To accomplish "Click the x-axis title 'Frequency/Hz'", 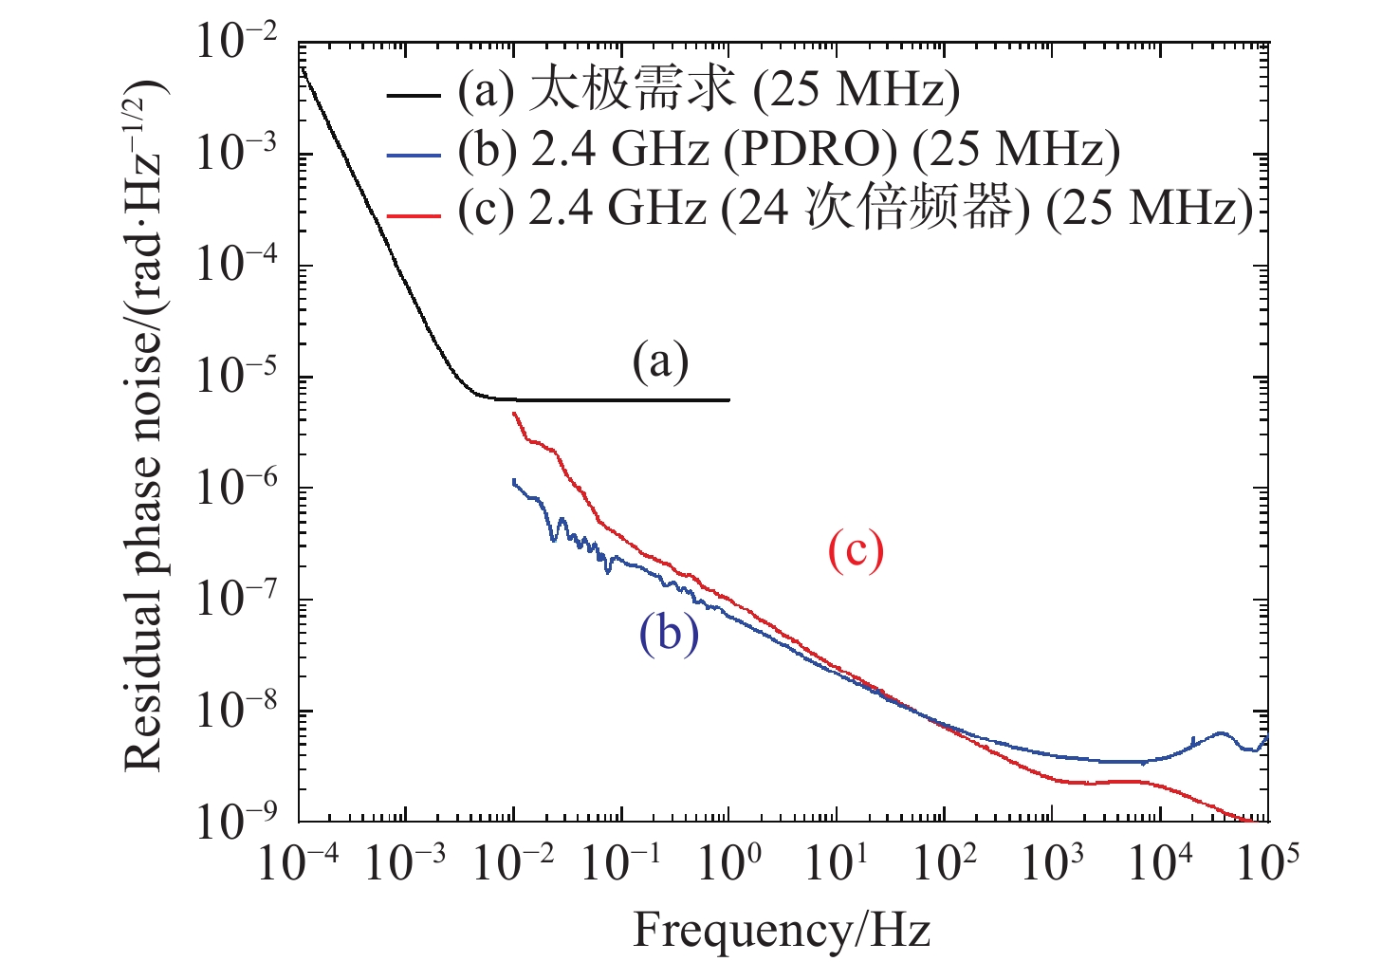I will [x=782, y=930].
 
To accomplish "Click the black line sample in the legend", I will [x=414, y=95].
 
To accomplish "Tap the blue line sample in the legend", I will [x=414, y=155].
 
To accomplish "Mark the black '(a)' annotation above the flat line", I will [x=660, y=361].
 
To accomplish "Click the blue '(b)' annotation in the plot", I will [x=669, y=633].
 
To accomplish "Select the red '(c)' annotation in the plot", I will [x=856, y=550].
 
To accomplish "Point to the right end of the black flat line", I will [x=728, y=400].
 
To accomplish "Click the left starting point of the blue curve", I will [x=514, y=481].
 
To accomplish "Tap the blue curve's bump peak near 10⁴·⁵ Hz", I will [x=1220, y=733].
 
